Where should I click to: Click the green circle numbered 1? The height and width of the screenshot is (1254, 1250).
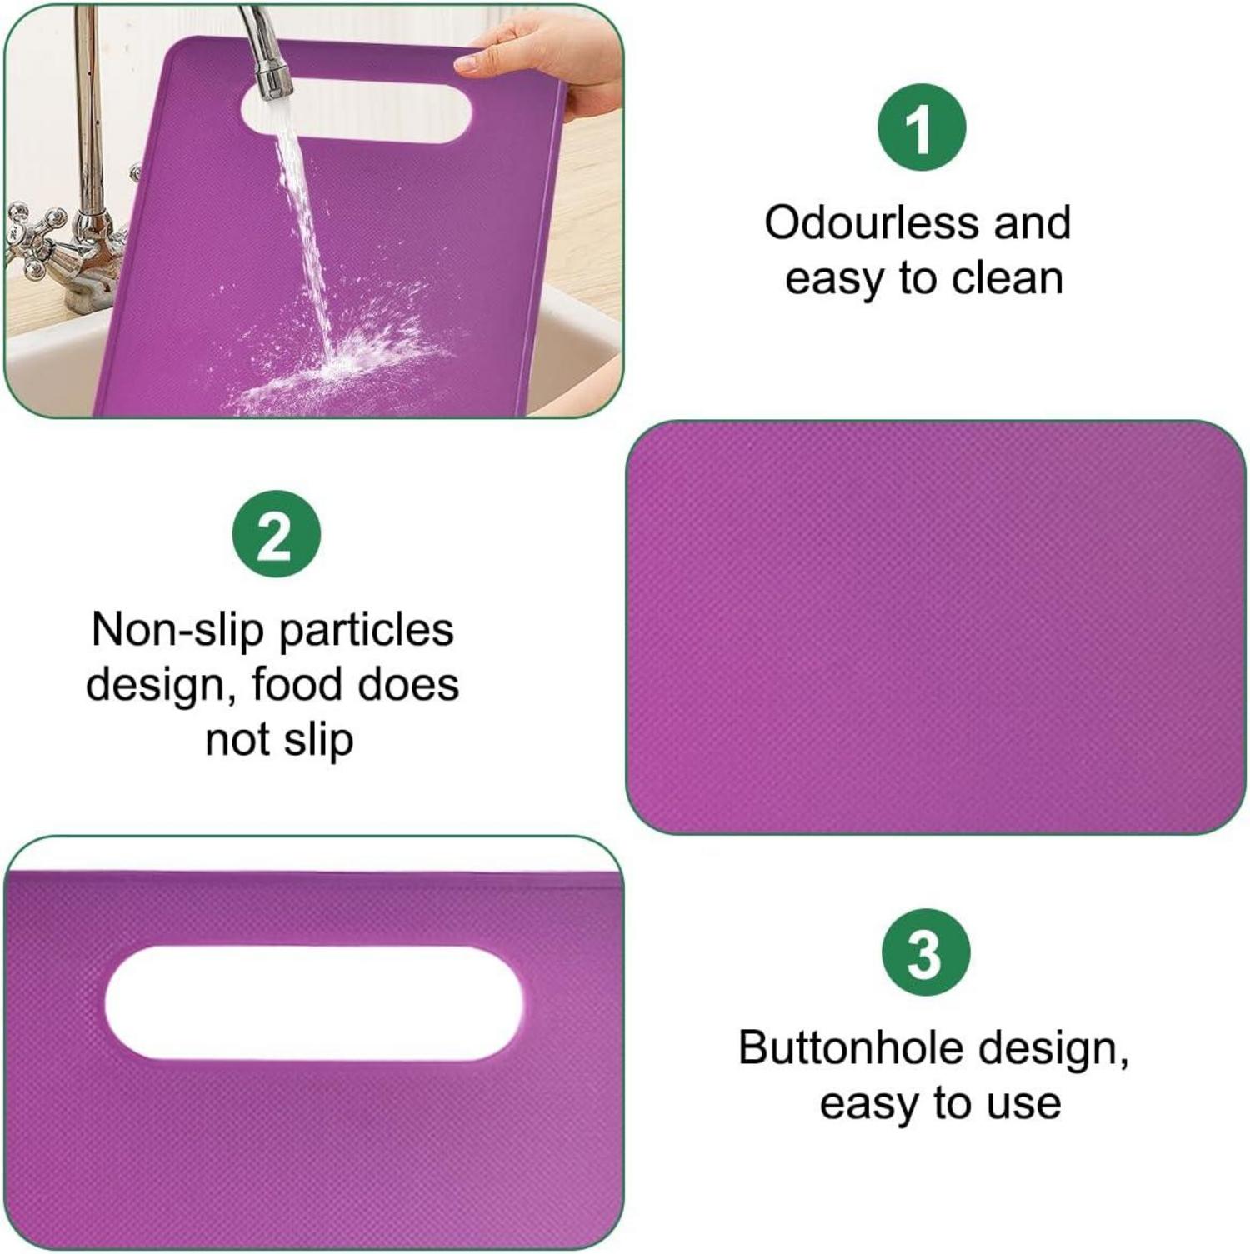pyautogui.click(x=921, y=127)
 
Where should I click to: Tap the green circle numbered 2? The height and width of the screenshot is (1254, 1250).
pyautogui.click(x=276, y=534)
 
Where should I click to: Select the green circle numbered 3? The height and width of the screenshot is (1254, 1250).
pyautogui.click(x=925, y=952)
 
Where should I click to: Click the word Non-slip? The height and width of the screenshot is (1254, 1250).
pyautogui.click(x=177, y=629)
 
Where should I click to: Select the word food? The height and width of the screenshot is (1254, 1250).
pyautogui.click(x=297, y=684)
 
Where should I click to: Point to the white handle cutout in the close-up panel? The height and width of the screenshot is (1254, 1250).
pyautogui.click(x=314, y=1002)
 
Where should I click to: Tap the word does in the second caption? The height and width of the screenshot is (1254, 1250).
pyautogui.click(x=407, y=684)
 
